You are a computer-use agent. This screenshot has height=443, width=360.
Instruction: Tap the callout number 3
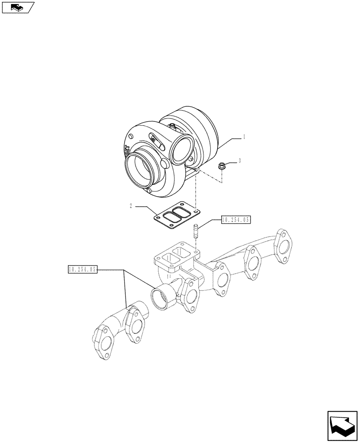[x=239, y=160]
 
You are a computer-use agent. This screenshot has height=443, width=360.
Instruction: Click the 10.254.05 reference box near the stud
[x=236, y=219]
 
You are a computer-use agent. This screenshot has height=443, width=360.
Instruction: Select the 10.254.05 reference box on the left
[x=82, y=269]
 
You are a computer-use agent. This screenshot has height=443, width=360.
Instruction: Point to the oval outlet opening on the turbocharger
[x=180, y=152]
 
